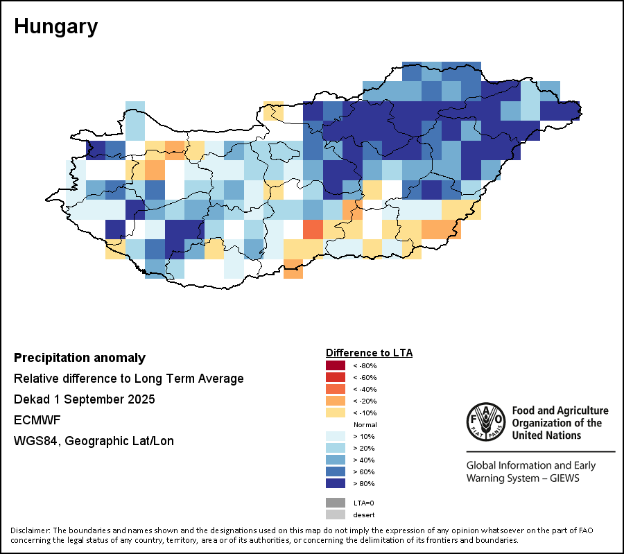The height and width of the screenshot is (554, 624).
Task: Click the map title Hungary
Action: pos(55,27)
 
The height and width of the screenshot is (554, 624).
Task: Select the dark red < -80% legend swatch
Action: pos(335,365)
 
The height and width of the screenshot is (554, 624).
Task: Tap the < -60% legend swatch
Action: pos(335,377)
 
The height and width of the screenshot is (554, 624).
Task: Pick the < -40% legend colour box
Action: pos(335,389)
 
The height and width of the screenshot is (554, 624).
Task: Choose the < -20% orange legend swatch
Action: pos(335,401)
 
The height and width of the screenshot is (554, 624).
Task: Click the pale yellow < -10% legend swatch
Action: pos(335,413)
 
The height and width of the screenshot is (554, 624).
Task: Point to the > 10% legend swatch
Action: pos(335,436)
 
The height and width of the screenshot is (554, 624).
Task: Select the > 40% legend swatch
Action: pos(335,460)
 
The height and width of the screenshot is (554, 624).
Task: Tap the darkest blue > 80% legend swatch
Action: pos(335,483)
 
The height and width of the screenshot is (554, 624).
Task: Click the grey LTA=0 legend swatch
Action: pos(335,503)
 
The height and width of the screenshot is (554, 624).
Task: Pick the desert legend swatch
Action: pos(335,514)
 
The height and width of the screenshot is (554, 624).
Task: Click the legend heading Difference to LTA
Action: pos(369,353)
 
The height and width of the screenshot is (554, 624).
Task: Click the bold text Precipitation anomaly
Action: pos(80,358)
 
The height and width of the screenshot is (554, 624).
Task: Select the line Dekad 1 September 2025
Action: pos(85,399)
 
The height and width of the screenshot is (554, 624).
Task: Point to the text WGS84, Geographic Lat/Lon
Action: pos(94,441)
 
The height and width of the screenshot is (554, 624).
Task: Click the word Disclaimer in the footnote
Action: pos(30,530)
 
